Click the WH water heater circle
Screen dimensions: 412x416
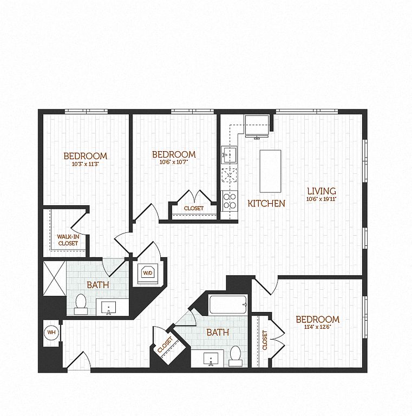(x=51, y=332)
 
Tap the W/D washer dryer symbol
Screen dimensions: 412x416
(x=148, y=273)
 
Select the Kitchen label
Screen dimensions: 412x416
(x=266, y=204)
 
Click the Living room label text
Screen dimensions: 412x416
(x=322, y=191)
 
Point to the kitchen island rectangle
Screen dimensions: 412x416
(x=270, y=171)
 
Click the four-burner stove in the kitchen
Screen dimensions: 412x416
(x=230, y=201)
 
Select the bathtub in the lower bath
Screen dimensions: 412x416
(x=228, y=304)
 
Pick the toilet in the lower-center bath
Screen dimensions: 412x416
(x=236, y=356)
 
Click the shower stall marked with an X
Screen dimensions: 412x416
(x=54, y=278)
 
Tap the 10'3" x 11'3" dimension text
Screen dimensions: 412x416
(x=86, y=164)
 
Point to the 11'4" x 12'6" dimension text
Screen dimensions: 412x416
(x=318, y=327)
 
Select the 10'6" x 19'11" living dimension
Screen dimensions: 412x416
(x=322, y=199)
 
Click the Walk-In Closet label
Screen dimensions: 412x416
(x=68, y=240)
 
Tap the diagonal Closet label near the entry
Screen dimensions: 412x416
(x=165, y=344)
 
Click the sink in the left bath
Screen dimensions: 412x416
(x=108, y=307)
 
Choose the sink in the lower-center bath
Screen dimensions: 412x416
(x=211, y=359)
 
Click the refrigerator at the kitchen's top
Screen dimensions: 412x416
(x=257, y=126)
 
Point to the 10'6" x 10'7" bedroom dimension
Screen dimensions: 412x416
(x=174, y=162)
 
